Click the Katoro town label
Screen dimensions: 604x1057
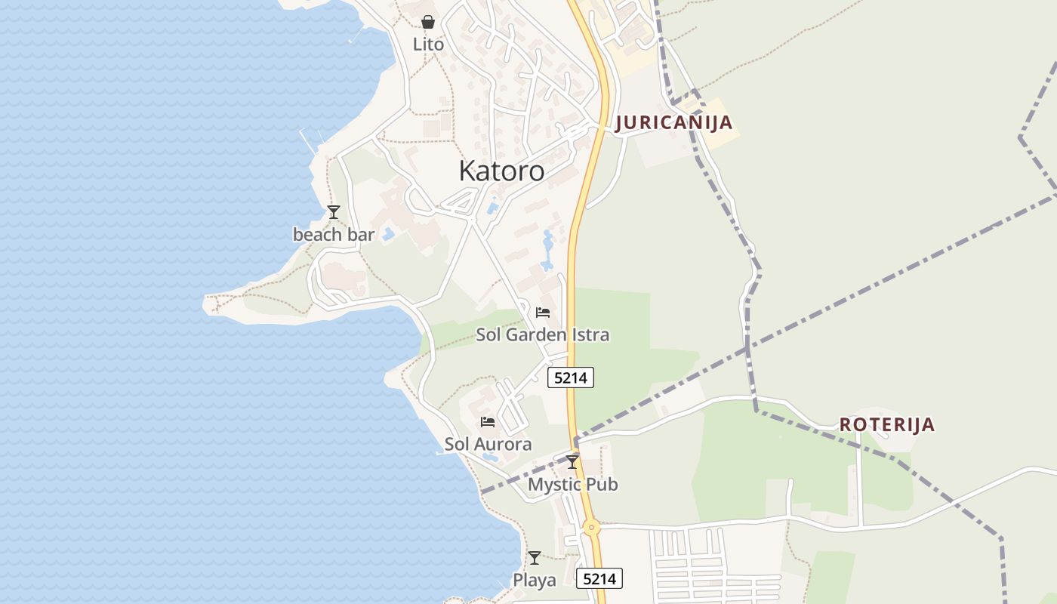click(x=501, y=171)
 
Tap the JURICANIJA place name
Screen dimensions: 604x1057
click(x=673, y=123)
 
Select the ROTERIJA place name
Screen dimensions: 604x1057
click(x=887, y=424)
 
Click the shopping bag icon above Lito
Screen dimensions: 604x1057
click(x=428, y=22)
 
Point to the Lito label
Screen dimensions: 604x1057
click(x=428, y=45)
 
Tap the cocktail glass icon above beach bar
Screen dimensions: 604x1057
click(x=334, y=212)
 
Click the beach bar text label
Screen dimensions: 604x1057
click(x=334, y=235)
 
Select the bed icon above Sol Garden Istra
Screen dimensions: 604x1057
click(x=542, y=312)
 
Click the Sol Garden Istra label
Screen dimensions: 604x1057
click(x=542, y=334)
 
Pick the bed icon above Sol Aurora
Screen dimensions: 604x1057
click(x=488, y=421)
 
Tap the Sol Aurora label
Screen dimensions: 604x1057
click(x=488, y=444)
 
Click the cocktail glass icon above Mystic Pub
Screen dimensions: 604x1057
click(x=572, y=461)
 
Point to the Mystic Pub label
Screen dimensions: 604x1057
click(x=572, y=484)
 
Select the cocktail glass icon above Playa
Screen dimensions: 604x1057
click(x=535, y=558)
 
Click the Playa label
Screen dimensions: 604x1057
click(x=535, y=581)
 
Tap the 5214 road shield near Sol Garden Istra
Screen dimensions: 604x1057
click(x=571, y=377)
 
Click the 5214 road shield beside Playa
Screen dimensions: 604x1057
click(x=600, y=579)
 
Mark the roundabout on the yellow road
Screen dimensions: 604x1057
click(x=591, y=527)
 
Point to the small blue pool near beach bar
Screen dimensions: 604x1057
click(x=388, y=234)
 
